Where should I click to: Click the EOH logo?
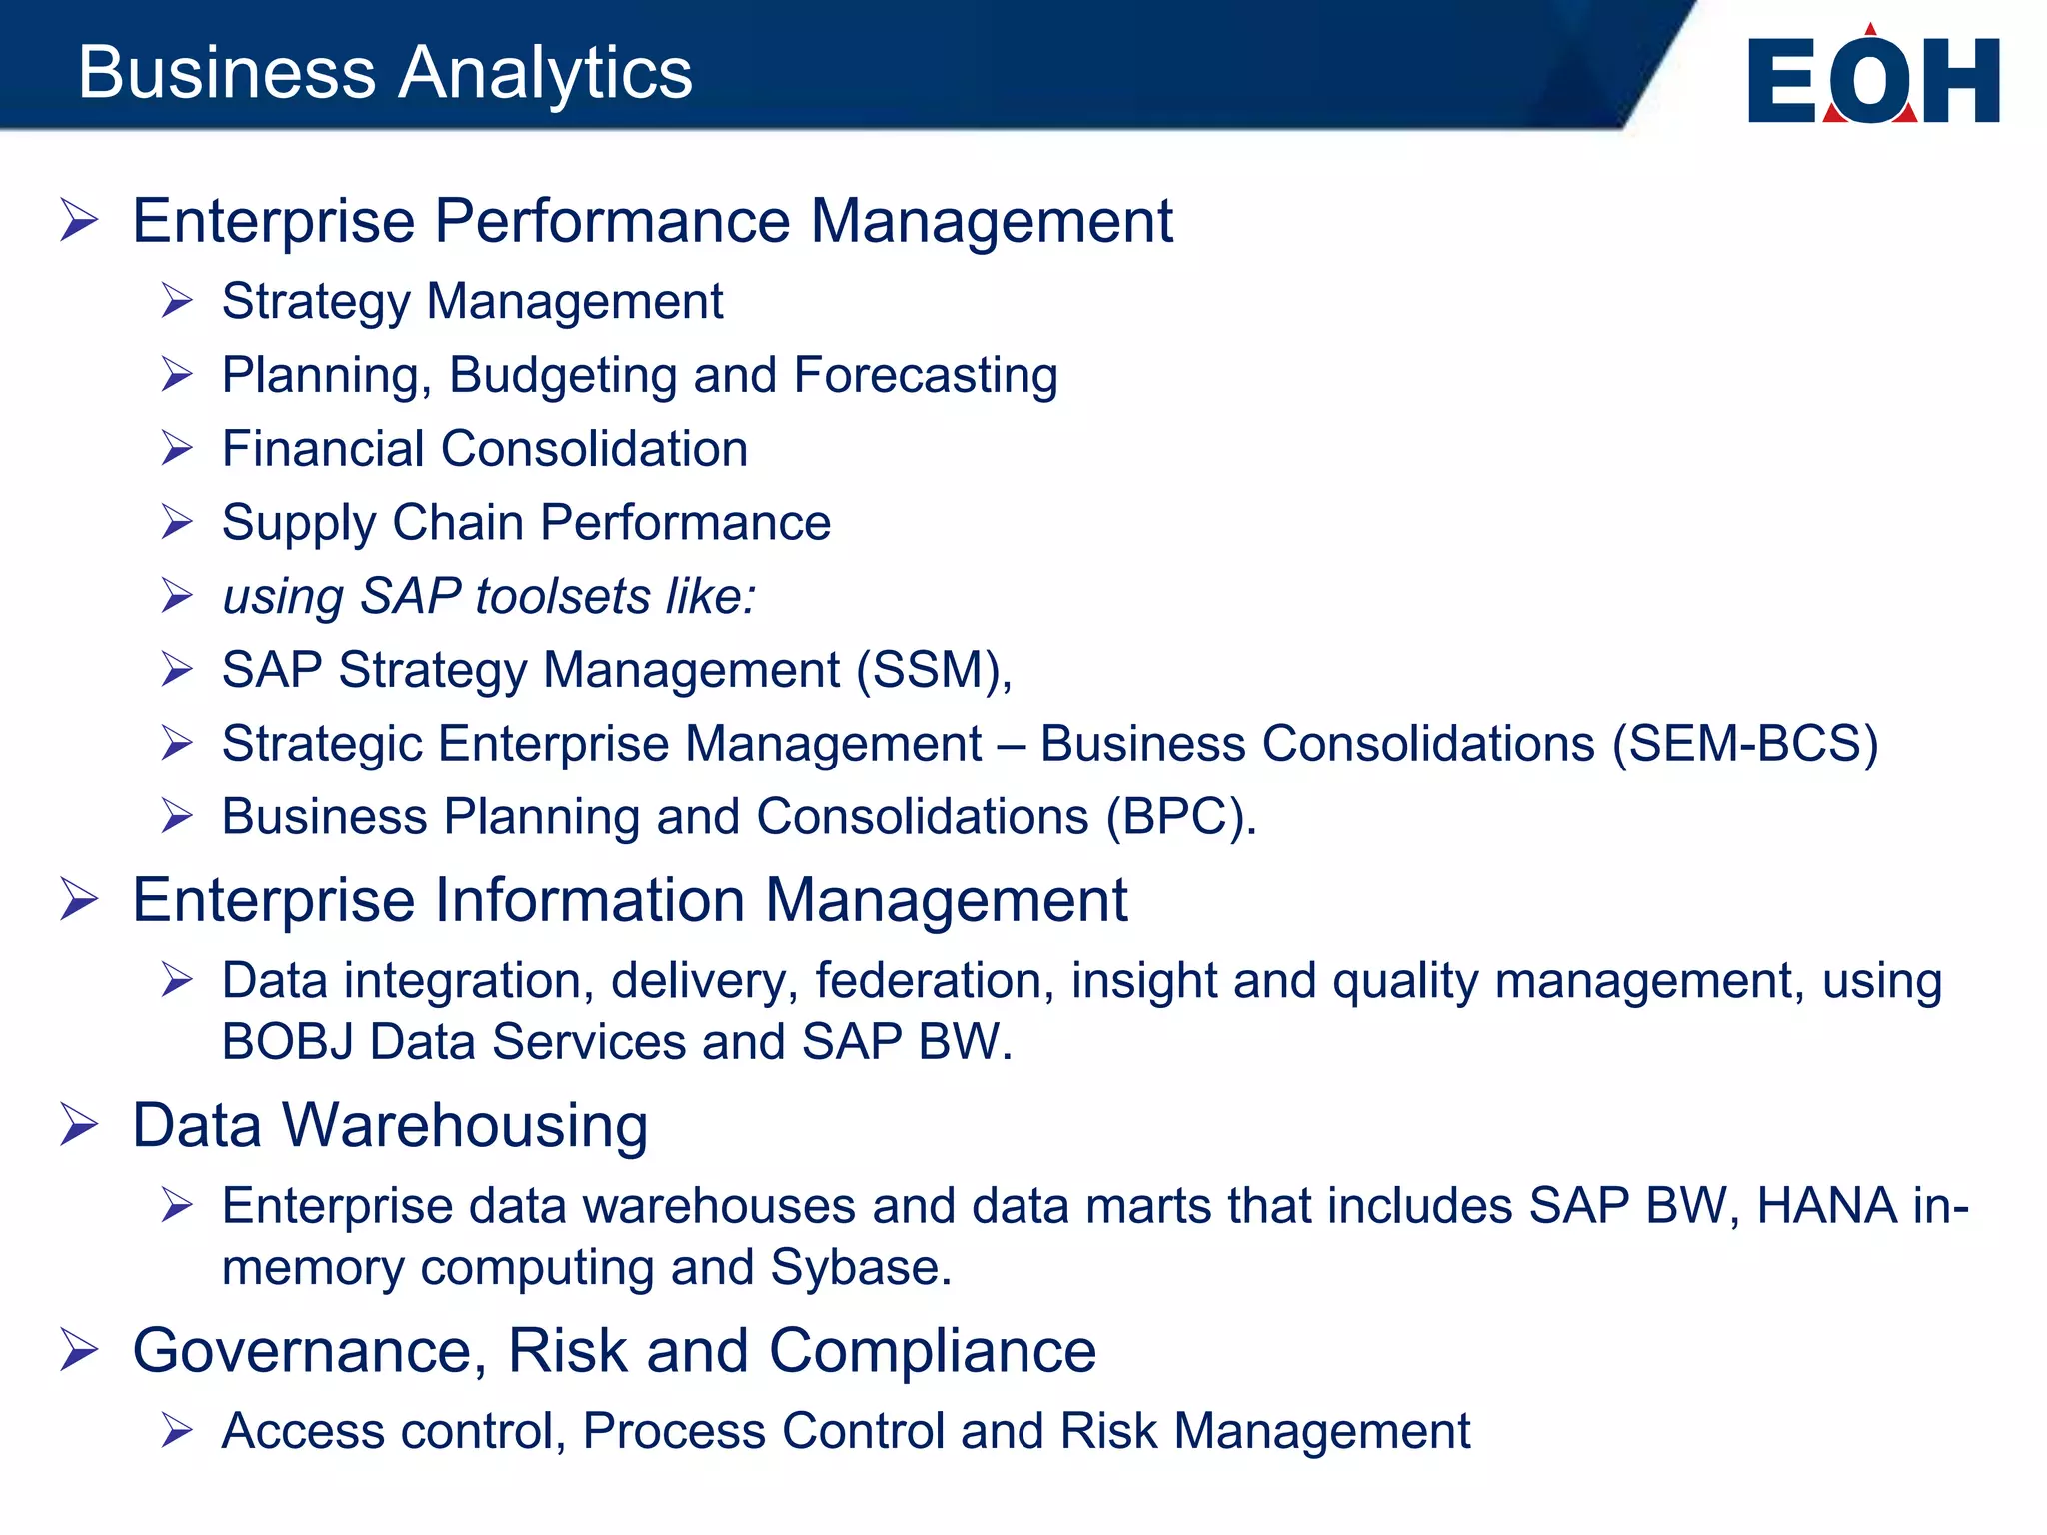(x=1873, y=78)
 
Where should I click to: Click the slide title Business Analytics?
(x=385, y=72)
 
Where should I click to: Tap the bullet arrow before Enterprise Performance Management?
(x=79, y=220)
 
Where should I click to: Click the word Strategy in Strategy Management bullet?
(x=315, y=302)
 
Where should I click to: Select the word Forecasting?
(x=926, y=376)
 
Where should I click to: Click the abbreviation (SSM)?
(x=934, y=670)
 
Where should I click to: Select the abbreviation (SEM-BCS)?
(x=1745, y=744)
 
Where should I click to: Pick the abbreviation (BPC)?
(x=1179, y=817)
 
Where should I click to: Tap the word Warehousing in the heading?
(x=465, y=1125)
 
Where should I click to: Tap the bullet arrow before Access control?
(x=177, y=1431)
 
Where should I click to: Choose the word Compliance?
(x=932, y=1351)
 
